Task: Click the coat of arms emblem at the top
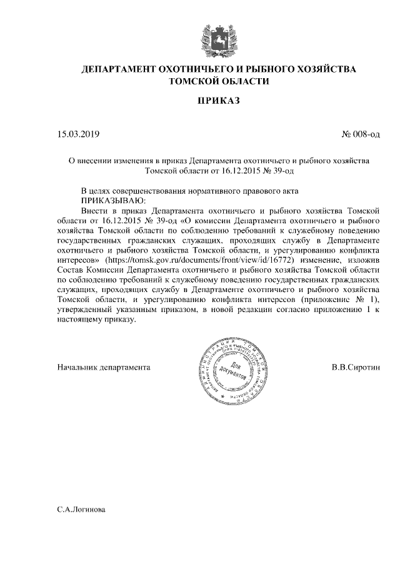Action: point(219,36)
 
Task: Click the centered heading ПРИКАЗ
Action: point(219,101)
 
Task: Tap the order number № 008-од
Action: point(361,134)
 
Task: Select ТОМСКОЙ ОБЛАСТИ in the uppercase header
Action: point(219,81)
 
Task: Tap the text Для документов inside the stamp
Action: point(232,369)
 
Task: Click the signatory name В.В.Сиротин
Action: point(356,367)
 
